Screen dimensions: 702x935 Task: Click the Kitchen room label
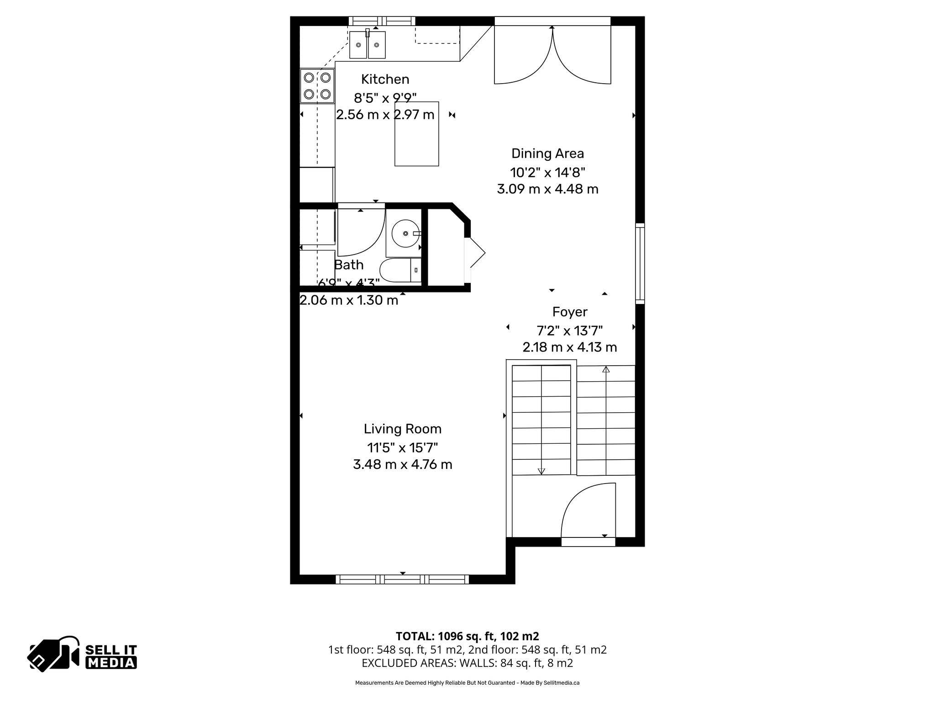[x=385, y=80]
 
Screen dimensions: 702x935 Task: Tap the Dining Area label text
[x=547, y=154]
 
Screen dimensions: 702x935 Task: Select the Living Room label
[x=402, y=429]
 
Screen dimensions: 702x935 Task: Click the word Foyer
[x=569, y=312]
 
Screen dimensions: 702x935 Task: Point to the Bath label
[x=349, y=265]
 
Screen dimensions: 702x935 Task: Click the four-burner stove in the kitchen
[x=317, y=86]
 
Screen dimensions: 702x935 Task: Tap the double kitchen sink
[x=368, y=45]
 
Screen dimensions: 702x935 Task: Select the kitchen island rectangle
[x=417, y=134]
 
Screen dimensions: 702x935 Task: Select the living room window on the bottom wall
[x=402, y=579]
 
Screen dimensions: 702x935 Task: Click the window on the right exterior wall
[x=640, y=264]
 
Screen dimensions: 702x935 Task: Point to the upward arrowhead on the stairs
[x=606, y=369]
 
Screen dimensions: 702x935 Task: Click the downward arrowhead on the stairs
[x=541, y=471]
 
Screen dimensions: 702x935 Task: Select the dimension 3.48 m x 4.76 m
[x=402, y=465]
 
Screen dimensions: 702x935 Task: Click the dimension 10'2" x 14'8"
[x=547, y=172]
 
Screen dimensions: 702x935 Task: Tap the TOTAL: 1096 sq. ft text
[x=467, y=636]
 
